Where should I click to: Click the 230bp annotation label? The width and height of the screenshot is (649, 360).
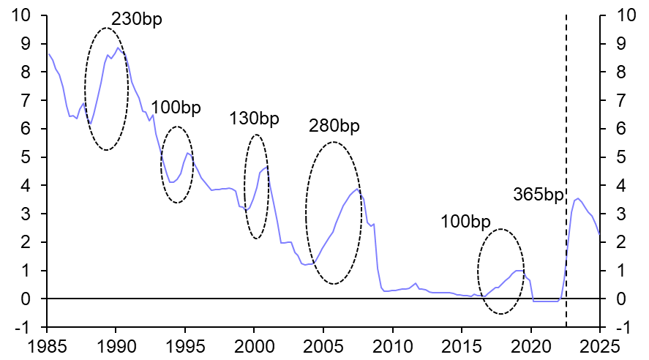point(136,19)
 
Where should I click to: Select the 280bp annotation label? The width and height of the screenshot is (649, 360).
point(334,126)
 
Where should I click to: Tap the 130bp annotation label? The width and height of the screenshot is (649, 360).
point(254,119)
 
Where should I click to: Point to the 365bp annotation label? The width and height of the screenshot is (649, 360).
point(539,195)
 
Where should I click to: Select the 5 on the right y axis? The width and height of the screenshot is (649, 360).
point(622,157)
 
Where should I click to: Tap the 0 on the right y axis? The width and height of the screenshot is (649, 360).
point(622,299)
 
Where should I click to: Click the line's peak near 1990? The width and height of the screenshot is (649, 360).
point(118,48)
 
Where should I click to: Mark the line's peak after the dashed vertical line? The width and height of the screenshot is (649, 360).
point(578,198)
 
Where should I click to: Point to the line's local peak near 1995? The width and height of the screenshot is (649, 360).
point(187,153)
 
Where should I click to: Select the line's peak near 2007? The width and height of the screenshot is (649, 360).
point(357,190)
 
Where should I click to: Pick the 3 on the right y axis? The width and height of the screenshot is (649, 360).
point(622,214)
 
